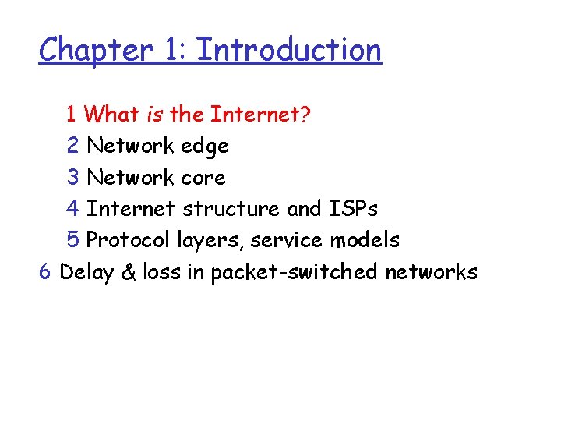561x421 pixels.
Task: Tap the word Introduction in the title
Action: tap(289, 50)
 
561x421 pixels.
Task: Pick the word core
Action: tap(203, 178)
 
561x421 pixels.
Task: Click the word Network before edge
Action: tap(131, 146)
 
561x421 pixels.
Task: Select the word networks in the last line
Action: tap(431, 271)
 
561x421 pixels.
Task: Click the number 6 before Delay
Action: tap(45, 271)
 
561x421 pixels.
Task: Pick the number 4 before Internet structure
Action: tap(73, 209)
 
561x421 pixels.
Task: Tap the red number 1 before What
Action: tap(72, 115)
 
